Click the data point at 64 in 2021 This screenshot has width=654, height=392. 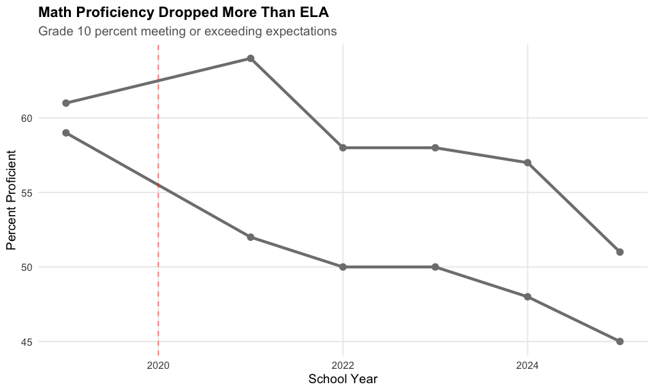[251, 59]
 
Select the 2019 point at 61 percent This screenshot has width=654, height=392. [66, 103]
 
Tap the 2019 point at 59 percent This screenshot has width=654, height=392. [66, 133]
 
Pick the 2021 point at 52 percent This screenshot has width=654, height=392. [251, 237]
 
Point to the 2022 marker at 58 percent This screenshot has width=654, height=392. [343, 148]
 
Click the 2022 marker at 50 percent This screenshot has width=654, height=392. [343, 267]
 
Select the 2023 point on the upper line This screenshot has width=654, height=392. [435, 148]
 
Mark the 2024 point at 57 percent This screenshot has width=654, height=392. [527, 163]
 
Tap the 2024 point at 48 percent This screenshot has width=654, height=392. [527, 297]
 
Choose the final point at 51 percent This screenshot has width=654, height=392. [620, 252]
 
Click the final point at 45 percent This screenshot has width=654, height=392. [620, 341]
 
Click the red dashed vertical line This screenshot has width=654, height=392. [158, 204]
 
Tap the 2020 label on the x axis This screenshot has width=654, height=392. [158, 365]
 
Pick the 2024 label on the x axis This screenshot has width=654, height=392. [527, 365]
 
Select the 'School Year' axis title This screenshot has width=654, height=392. [343, 378]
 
